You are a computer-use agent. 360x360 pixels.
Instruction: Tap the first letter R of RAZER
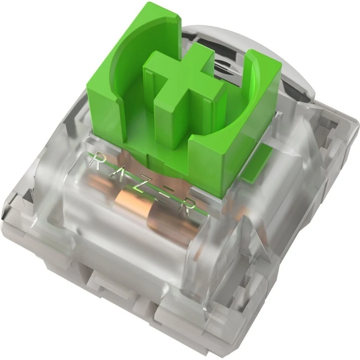coord(96,161)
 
